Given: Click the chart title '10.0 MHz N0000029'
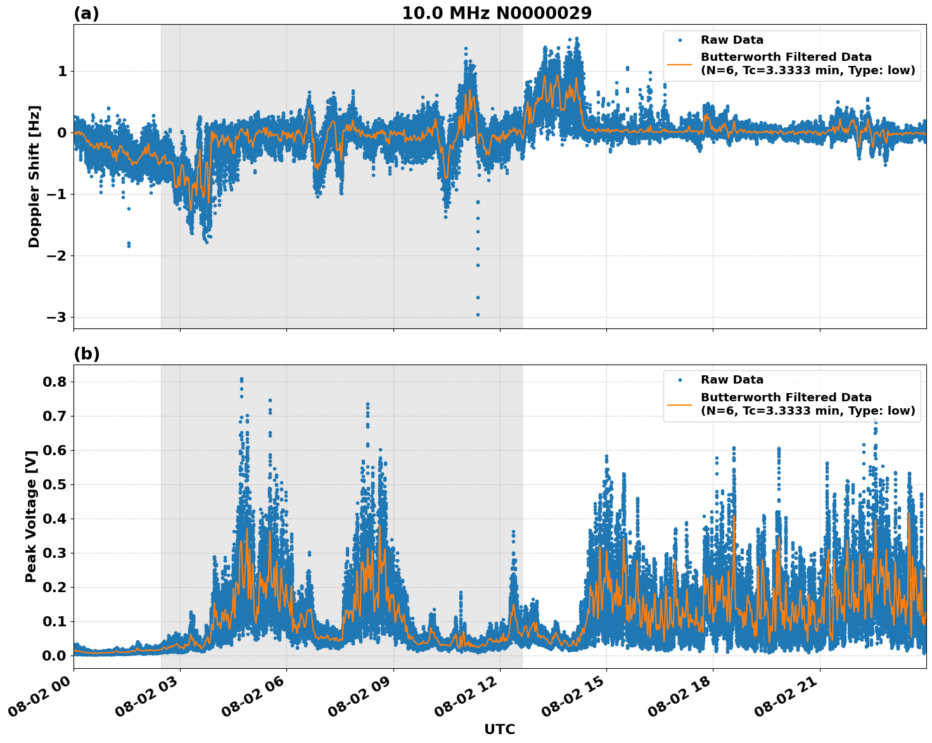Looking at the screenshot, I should click(x=497, y=13).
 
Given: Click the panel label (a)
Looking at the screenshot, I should click(x=86, y=13).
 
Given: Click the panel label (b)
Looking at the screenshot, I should click(x=86, y=354).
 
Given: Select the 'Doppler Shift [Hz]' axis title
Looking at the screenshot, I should click(x=34, y=176).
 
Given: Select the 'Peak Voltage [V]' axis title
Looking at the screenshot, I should click(x=31, y=516).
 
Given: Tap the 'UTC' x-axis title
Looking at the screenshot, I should click(x=499, y=729).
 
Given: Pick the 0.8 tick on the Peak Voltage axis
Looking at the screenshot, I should click(x=54, y=382).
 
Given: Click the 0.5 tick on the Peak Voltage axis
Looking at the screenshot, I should click(x=54, y=484).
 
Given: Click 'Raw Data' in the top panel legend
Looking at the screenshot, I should click(x=732, y=40).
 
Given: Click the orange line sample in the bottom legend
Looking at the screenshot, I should click(x=680, y=404).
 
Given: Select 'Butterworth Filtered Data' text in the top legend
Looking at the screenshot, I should click(x=786, y=57).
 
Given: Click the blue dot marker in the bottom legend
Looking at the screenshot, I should click(x=680, y=380).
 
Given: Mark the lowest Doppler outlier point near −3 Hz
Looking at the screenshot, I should click(x=478, y=314).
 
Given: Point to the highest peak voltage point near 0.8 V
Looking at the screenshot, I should click(x=241, y=379).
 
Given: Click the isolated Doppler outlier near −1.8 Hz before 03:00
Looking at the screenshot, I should click(x=129, y=244).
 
